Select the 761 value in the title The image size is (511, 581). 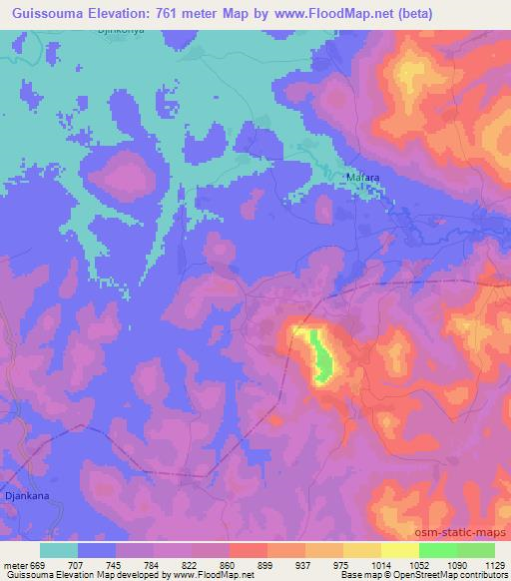coord(181,13)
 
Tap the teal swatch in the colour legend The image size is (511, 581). coord(59,549)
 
